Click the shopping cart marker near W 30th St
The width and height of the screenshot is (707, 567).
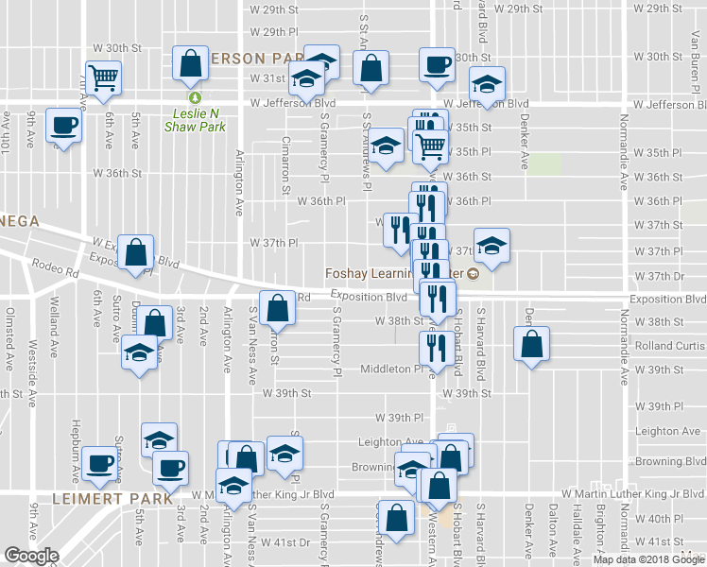click(x=103, y=76)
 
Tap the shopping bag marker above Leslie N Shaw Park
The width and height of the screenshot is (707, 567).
click(x=191, y=63)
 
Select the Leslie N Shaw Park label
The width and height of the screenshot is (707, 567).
click(x=195, y=119)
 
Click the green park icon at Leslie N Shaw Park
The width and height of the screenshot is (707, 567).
click(x=195, y=96)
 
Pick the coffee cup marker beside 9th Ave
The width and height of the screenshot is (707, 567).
click(x=64, y=125)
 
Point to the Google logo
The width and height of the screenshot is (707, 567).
click(x=31, y=555)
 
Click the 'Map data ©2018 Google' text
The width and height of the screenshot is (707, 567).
click(x=648, y=559)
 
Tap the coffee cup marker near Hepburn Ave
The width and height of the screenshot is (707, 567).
click(x=100, y=463)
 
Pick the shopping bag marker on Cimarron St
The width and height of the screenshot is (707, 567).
click(x=277, y=307)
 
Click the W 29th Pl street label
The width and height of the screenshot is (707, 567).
click(x=281, y=31)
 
